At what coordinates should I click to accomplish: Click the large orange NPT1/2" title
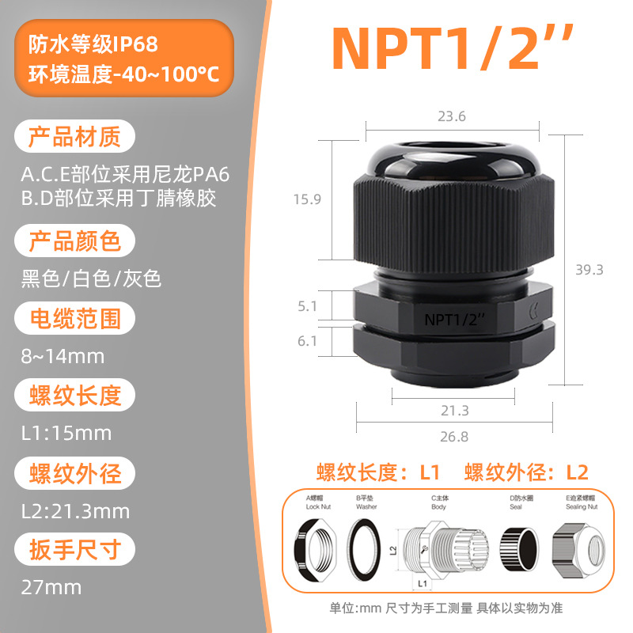pyautogui.click(x=452, y=47)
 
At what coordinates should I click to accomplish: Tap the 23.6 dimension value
pyautogui.click(x=452, y=116)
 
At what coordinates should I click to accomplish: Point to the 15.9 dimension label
pyautogui.click(x=307, y=199)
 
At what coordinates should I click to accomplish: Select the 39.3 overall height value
pyautogui.click(x=589, y=269)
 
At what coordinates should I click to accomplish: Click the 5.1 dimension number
pyautogui.click(x=307, y=306)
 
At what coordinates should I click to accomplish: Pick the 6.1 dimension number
pyautogui.click(x=307, y=341)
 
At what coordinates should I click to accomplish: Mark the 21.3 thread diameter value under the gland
pyautogui.click(x=454, y=411)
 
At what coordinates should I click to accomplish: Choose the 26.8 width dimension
pyautogui.click(x=454, y=437)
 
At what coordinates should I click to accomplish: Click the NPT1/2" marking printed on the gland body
pyautogui.click(x=453, y=320)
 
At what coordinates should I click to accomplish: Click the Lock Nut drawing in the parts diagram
pyautogui.click(x=315, y=549)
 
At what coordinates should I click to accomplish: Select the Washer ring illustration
pyautogui.click(x=363, y=550)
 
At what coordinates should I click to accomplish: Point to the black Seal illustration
pyautogui.click(x=519, y=549)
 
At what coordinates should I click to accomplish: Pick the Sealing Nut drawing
pyautogui.click(x=578, y=551)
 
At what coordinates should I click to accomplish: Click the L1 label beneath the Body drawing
pyautogui.click(x=423, y=583)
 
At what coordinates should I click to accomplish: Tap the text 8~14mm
pyautogui.click(x=63, y=357)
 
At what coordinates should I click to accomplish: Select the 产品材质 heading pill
pyautogui.click(x=74, y=136)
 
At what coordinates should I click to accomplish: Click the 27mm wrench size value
pyautogui.click(x=51, y=587)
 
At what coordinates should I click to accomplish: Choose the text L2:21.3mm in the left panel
pyautogui.click(x=75, y=511)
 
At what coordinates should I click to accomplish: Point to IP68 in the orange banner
pyautogui.click(x=135, y=44)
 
